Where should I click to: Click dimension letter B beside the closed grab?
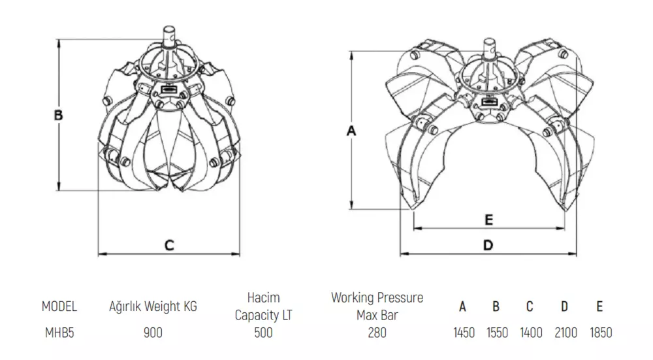tap(59, 114)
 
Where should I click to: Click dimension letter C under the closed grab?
tap(169, 245)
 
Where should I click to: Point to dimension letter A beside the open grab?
tap(351, 131)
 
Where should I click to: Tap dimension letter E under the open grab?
tap(489, 220)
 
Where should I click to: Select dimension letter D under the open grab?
tap(488, 245)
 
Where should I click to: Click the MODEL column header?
tap(59, 306)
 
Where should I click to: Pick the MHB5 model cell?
tap(59, 333)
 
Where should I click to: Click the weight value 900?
tap(153, 333)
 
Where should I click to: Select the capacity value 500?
tap(263, 333)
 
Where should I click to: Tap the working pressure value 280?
tap(377, 333)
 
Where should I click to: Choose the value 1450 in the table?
tap(464, 333)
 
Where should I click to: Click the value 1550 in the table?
tap(497, 333)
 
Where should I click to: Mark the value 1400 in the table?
tap(531, 333)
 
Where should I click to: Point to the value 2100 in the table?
tap(566, 333)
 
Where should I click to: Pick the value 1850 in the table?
tap(601, 333)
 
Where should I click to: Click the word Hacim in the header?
tap(264, 298)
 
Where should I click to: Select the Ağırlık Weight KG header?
tap(153, 306)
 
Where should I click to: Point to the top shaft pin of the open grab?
tap(489, 48)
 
